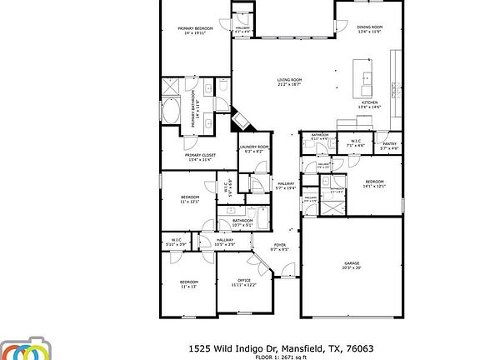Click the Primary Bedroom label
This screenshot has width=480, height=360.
[196, 31]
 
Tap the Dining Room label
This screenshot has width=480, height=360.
[369, 29]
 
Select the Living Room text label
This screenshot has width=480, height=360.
[289, 82]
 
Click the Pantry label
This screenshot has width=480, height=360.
[389, 146]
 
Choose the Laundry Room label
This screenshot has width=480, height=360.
[254, 148]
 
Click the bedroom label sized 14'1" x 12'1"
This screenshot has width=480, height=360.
[374, 184]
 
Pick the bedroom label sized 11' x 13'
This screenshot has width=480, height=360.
[189, 284]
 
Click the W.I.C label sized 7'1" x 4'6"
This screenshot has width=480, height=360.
[355, 144]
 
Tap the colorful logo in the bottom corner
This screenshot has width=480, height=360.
[25, 350]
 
